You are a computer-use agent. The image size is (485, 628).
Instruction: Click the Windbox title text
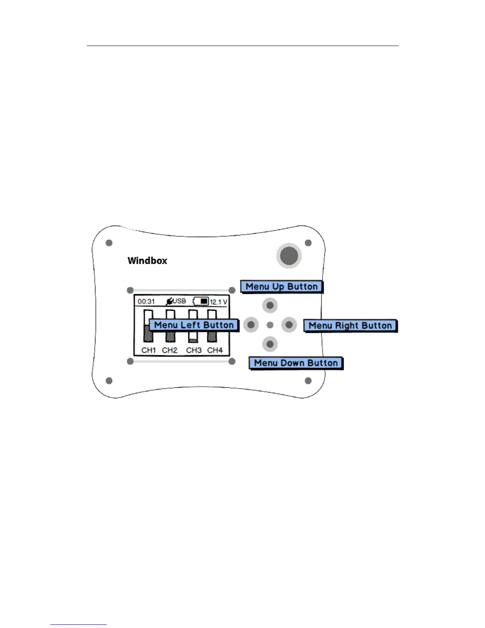click(147, 261)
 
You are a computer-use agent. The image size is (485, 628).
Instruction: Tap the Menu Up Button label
click(282, 287)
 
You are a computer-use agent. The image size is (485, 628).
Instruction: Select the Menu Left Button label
click(194, 325)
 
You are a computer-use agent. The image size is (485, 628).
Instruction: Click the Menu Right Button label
click(350, 326)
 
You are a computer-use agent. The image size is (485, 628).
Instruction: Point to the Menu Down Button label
click(296, 363)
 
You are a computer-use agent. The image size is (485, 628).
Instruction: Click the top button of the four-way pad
click(270, 306)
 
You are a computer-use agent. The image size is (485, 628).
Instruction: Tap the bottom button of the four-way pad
click(270, 344)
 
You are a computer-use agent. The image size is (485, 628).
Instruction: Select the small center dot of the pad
click(270, 325)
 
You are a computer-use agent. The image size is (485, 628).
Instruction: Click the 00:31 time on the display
click(146, 302)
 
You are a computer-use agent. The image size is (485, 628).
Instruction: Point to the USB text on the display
click(179, 301)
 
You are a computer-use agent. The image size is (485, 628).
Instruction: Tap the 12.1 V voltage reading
click(218, 302)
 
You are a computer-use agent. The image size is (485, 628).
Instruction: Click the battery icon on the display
click(201, 301)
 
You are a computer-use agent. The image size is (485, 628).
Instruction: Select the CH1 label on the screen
click(149, 350)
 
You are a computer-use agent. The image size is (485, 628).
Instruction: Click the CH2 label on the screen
click(170, 350)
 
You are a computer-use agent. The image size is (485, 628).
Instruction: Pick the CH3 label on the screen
click(194, 350)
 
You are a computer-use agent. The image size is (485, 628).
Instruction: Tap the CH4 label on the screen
click(215, 350)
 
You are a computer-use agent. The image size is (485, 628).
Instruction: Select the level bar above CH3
click(193, 335)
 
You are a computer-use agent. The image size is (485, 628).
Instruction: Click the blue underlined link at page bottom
click(78, 625)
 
